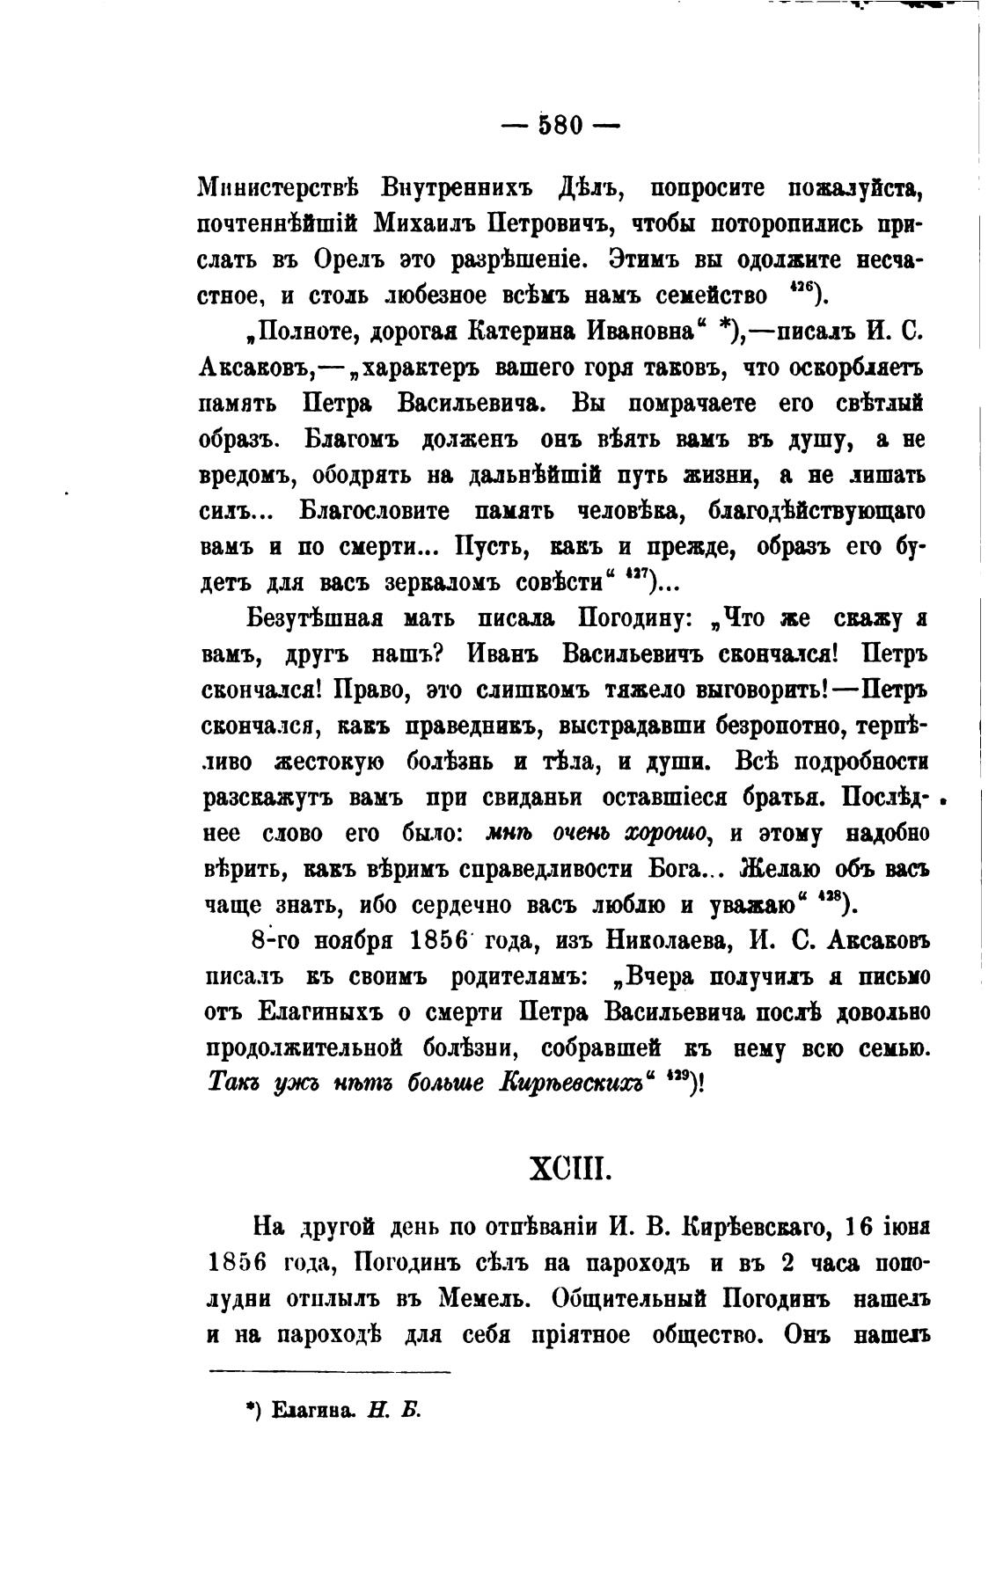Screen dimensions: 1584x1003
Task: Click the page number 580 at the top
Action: click(x=560, y=126)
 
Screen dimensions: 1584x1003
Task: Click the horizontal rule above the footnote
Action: click(x=329, y=1371)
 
